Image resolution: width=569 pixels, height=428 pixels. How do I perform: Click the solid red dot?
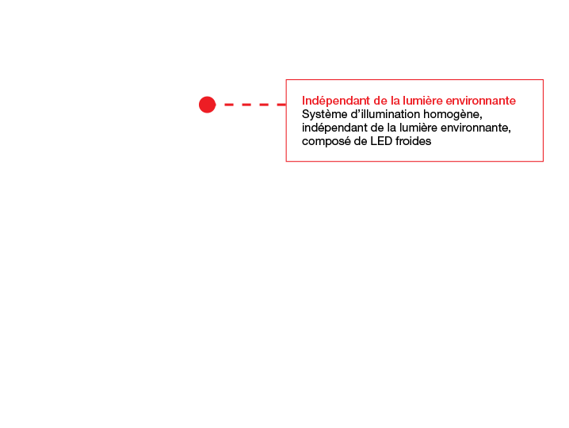(207, 105)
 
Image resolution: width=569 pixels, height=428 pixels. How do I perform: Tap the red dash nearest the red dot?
(229, 105)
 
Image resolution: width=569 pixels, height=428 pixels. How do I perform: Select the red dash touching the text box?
(281, 105)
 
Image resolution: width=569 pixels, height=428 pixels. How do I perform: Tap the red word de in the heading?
(380, 101)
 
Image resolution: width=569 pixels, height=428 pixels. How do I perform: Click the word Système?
(324, 115)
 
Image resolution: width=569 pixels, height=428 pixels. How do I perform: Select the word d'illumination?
(385, 114)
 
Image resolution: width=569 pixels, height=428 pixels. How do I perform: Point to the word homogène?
(453, 115)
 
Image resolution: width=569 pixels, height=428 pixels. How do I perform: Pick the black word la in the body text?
(391, 128)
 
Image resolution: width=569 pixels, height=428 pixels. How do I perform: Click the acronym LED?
(381, 141)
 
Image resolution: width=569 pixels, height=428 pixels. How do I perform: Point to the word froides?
(414, 141)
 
